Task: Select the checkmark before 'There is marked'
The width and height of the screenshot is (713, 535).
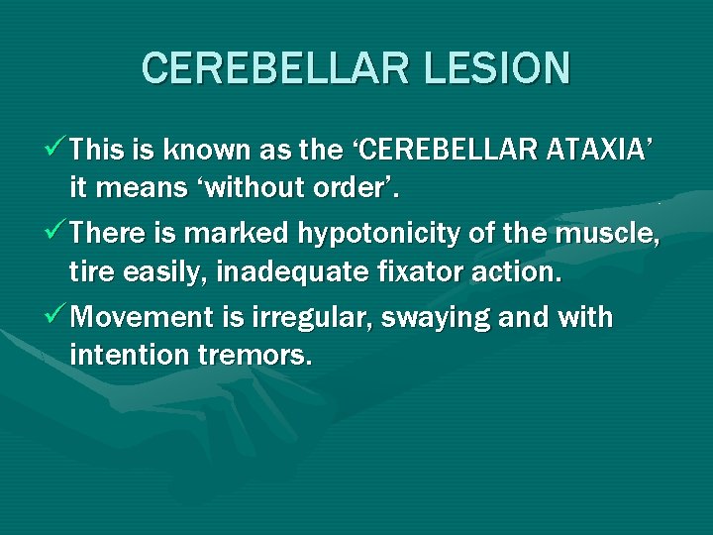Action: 57,233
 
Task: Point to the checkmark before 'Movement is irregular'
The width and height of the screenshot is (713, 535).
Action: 57,317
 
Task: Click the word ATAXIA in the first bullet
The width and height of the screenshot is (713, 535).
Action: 596,150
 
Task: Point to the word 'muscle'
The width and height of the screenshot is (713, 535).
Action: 615,234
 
